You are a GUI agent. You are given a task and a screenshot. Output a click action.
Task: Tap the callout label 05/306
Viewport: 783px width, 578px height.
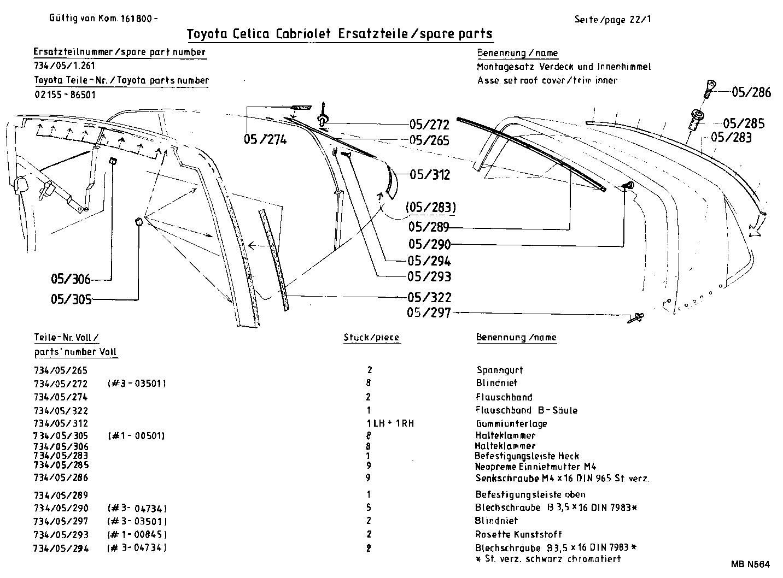pyautogui.click(x=71, y=279)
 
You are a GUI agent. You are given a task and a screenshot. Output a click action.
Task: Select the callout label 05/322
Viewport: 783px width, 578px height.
pyautogui.click(x=429, y=298)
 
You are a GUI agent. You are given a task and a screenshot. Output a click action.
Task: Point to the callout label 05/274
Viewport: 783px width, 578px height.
pyautogui.click(x=265, y=140)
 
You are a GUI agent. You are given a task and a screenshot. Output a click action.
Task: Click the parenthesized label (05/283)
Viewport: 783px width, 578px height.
pyautogui.click(x=431, y=208)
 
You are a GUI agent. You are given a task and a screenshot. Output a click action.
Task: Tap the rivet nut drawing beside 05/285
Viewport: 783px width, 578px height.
pyautogui.click(x=697, y=119)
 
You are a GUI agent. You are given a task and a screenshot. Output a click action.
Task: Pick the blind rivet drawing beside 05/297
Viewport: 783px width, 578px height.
pyautogui.click(x=637, y=317)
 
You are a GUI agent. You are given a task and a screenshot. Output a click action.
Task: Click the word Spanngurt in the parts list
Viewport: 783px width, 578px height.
pyautogui.click(x=500, y=370)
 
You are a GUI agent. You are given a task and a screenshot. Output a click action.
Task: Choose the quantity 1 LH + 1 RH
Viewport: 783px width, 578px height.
pyautogui.click(x=390, y=423)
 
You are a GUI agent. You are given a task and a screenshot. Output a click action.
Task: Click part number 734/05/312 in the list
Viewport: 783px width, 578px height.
pyautogui.click(x=61, y=423)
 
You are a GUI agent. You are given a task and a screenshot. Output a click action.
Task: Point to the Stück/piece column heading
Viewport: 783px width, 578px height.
pyautogui.click(x=371, y=338)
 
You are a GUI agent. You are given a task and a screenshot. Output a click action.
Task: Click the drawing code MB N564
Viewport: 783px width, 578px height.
pyautogui.click(x=749, y=564)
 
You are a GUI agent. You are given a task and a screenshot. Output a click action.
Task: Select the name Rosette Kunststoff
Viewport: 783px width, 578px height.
pyautogui.click(x=518, y=534)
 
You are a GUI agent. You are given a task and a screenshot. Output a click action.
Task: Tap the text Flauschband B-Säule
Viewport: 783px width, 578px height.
pyautogui.click(x=527, y=410)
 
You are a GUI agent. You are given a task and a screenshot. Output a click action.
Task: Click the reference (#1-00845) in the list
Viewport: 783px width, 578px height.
pyautogui.click(x=137, y=534)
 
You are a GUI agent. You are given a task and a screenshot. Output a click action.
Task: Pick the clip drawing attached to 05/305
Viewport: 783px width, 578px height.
pyautogui.click(x=138, y=221)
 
